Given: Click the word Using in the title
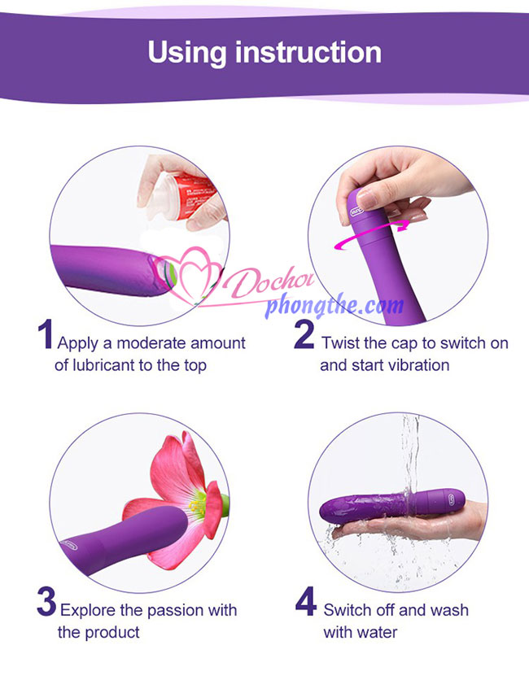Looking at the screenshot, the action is [187, 54].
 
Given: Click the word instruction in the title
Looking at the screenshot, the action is [308, 52].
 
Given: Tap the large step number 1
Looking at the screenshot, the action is [46, 334].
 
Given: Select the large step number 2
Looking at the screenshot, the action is [304, 334].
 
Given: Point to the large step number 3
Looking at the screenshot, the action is [46, 602].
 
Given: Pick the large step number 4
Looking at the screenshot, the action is [306, 601].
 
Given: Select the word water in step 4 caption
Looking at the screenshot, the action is [377, 633].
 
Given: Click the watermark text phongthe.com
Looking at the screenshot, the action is [334, 304].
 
